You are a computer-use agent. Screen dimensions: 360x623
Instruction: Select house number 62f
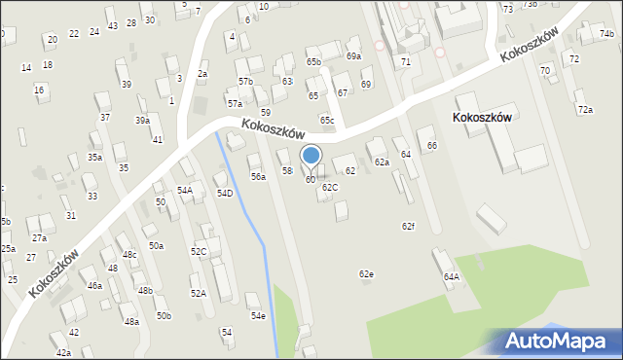(x=409, y=226)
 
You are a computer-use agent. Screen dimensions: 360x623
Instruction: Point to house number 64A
(x=452, y=276)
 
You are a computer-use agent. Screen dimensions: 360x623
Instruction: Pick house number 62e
(x=366, y=274)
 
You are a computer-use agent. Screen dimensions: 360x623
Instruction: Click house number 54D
(x=225, y=194)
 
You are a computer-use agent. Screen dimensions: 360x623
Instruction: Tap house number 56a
(x=258, y=177)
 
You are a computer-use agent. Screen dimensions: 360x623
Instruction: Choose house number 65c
(x=327, y=121)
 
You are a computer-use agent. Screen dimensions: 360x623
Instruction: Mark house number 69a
(x=353, y=56)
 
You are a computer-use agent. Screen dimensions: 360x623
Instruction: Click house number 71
(x=405, y=61)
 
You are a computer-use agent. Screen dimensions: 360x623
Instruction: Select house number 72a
(x=585, y=110)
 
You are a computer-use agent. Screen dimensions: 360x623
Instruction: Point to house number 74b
(x=607, y=34)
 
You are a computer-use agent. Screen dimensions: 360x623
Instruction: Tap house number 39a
(x=142, y=121)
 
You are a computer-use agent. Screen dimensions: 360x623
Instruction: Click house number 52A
(x=198, y=293)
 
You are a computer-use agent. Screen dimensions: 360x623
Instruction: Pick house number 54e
(x=258, y=316)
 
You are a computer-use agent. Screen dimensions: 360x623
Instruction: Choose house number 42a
(x=63, y=352)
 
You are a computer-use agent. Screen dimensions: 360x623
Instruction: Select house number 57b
(x=245, y=82)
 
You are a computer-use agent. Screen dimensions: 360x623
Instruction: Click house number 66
(x=431, y=145)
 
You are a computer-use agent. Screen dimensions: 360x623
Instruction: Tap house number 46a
(x=94, y=286)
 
